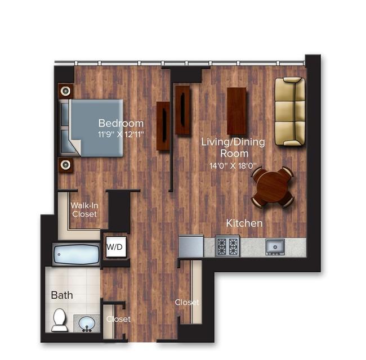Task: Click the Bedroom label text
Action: point(121,123)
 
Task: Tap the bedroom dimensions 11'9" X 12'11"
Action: point(121,134)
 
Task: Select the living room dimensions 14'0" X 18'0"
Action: point(233,166)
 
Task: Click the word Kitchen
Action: point(244,223)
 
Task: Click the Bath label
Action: point(62,295)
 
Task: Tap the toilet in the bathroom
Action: point(59,320)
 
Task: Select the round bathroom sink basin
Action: point(87,323)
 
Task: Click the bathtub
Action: point(77,254)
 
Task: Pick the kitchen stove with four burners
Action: point(227,246)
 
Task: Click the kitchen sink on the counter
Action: point(275,247)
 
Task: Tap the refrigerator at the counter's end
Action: point(191,246)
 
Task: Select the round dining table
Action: point(273,187)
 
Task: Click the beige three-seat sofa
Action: point(290,111)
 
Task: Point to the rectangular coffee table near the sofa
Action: point(236,111)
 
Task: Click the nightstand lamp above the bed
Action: point(65,91)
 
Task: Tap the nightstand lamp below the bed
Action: point(65,165)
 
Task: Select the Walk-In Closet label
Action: point(84,210)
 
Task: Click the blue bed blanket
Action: point(97,128)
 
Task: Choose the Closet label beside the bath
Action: point(118,319)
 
